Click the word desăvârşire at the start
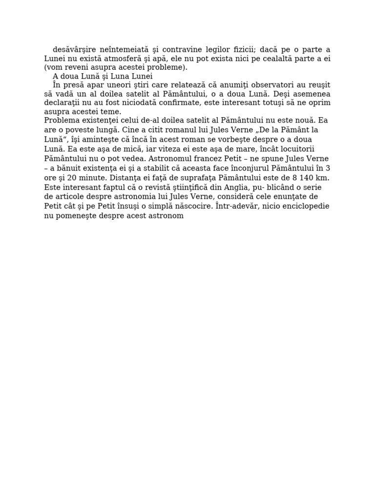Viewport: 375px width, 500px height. pos(73,49)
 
